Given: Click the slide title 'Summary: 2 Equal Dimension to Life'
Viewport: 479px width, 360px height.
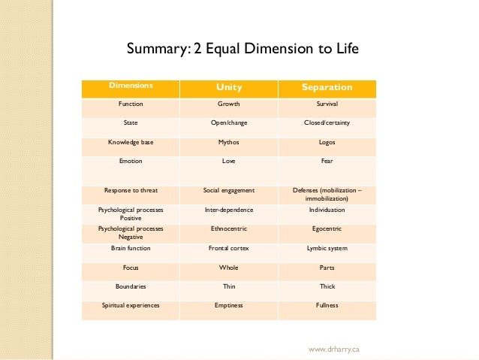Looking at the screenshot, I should (x=243, y=50).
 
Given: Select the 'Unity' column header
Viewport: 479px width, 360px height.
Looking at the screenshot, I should (x=229, y=88).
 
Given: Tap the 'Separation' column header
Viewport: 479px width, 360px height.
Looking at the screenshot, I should (x=327, y=88).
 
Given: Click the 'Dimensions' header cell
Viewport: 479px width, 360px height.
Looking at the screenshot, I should (x=131, y=86).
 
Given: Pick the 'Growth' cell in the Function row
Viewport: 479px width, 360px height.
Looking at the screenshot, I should (x=229, y=104).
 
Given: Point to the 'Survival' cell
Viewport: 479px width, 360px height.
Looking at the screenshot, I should (x=327, y=104).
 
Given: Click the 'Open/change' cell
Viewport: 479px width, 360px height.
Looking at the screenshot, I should (x=229, y=122).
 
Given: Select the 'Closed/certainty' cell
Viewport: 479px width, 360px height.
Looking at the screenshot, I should (x=327, y=122).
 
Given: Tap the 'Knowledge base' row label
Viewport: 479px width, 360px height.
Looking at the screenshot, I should (x=131, y=141).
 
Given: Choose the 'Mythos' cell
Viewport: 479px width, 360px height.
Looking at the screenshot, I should (x=229, y=141).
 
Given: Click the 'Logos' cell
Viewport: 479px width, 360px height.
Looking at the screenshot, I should (x=327, y=141).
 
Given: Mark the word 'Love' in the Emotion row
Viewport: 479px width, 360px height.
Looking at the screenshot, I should (x=229, y=161).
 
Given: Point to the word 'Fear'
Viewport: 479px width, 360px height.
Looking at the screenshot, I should (x=327, y=161).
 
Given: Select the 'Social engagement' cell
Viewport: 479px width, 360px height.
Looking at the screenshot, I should (x=229, y=190).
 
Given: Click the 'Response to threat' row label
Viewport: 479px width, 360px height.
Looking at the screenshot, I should (x=131, y=190).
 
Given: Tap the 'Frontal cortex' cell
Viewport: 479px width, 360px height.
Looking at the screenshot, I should (x=229, y=247).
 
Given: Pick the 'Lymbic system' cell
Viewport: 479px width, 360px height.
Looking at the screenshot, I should (x=327, y=247).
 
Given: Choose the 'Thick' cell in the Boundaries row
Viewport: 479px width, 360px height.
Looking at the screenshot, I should (x=327, y=286).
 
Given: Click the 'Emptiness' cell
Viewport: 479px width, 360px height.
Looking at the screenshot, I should (x=229, y=305).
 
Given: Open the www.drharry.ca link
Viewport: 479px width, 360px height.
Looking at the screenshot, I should (x=335, y=349).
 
